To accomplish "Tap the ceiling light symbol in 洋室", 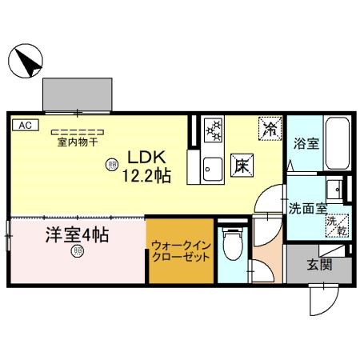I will (78, 253).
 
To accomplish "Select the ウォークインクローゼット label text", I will (181, 252).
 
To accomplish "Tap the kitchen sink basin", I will (212, 170).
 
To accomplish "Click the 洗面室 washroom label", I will (307, 208).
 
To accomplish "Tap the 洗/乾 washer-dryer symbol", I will (339, 226).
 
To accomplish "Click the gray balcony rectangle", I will (78, 94).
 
